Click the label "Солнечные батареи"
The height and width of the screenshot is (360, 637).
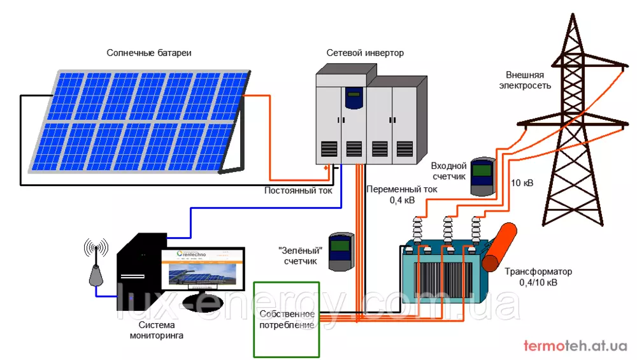point(149,53)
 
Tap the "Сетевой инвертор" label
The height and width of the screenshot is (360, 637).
point(365,53)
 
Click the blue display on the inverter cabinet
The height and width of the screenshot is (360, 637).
point(353,99)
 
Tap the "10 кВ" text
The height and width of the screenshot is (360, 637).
point(522,184)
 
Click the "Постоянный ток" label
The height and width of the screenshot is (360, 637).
point(298,191)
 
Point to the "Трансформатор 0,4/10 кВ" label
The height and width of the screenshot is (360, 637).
point(538,277)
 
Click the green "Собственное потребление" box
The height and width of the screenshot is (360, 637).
point(287,319)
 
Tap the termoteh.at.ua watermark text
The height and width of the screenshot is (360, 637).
point(575,346)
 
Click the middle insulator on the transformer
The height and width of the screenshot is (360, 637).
point(447,229)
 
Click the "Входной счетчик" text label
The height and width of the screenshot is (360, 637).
point(449,170)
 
